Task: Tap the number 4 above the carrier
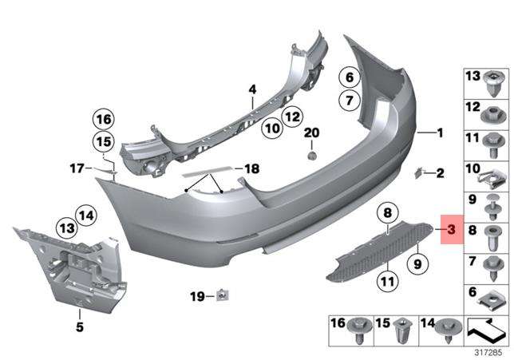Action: [x=252, y=89]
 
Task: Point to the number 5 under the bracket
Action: [x=80, y=326]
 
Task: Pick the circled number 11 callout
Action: [x=387, y=280]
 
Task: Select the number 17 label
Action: [x=77, y=168]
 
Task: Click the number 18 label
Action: [x=251, y=169]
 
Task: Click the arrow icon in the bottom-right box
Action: [x=484, y=328]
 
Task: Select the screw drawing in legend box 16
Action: [x=356, y=326]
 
